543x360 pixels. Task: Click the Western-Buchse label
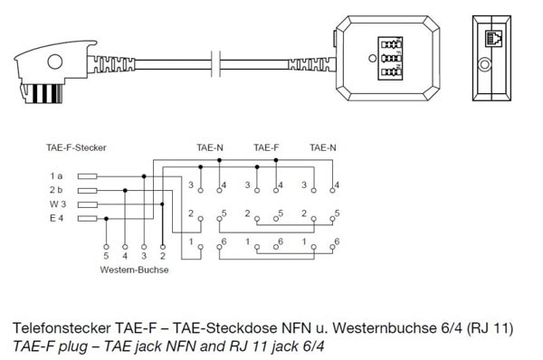click(x=136, y=269)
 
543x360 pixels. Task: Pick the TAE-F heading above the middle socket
click(x=265, y=147)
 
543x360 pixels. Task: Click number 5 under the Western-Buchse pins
click(x=107, y=257)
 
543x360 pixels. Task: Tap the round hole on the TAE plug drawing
click(x=56, y=64)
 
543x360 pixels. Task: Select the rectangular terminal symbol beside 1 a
click(x=87, y=176)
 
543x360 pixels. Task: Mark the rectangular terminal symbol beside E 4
click(x=87, y=219)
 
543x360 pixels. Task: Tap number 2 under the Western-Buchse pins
click(x=162, y=257)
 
